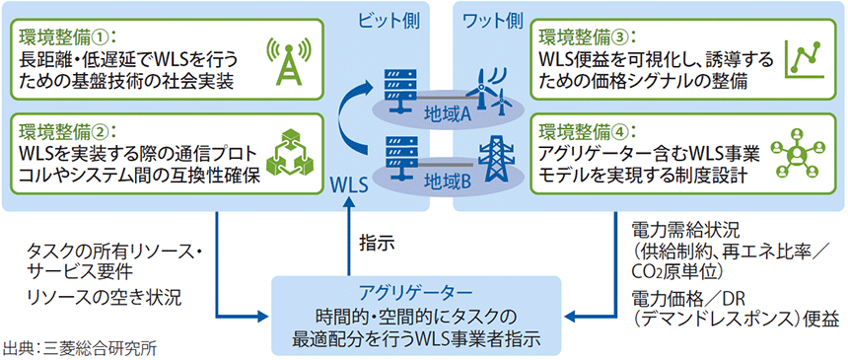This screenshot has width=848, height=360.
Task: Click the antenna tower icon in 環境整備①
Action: (x=285, y=60)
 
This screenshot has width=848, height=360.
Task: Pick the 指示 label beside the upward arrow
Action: (x=377, y=240)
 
